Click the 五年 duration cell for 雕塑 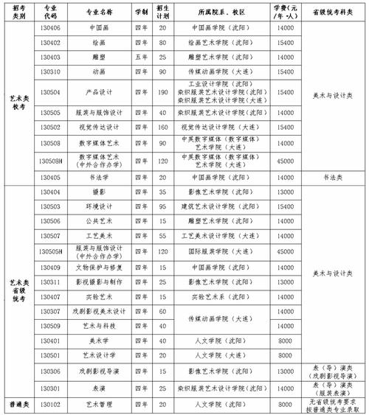140,57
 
